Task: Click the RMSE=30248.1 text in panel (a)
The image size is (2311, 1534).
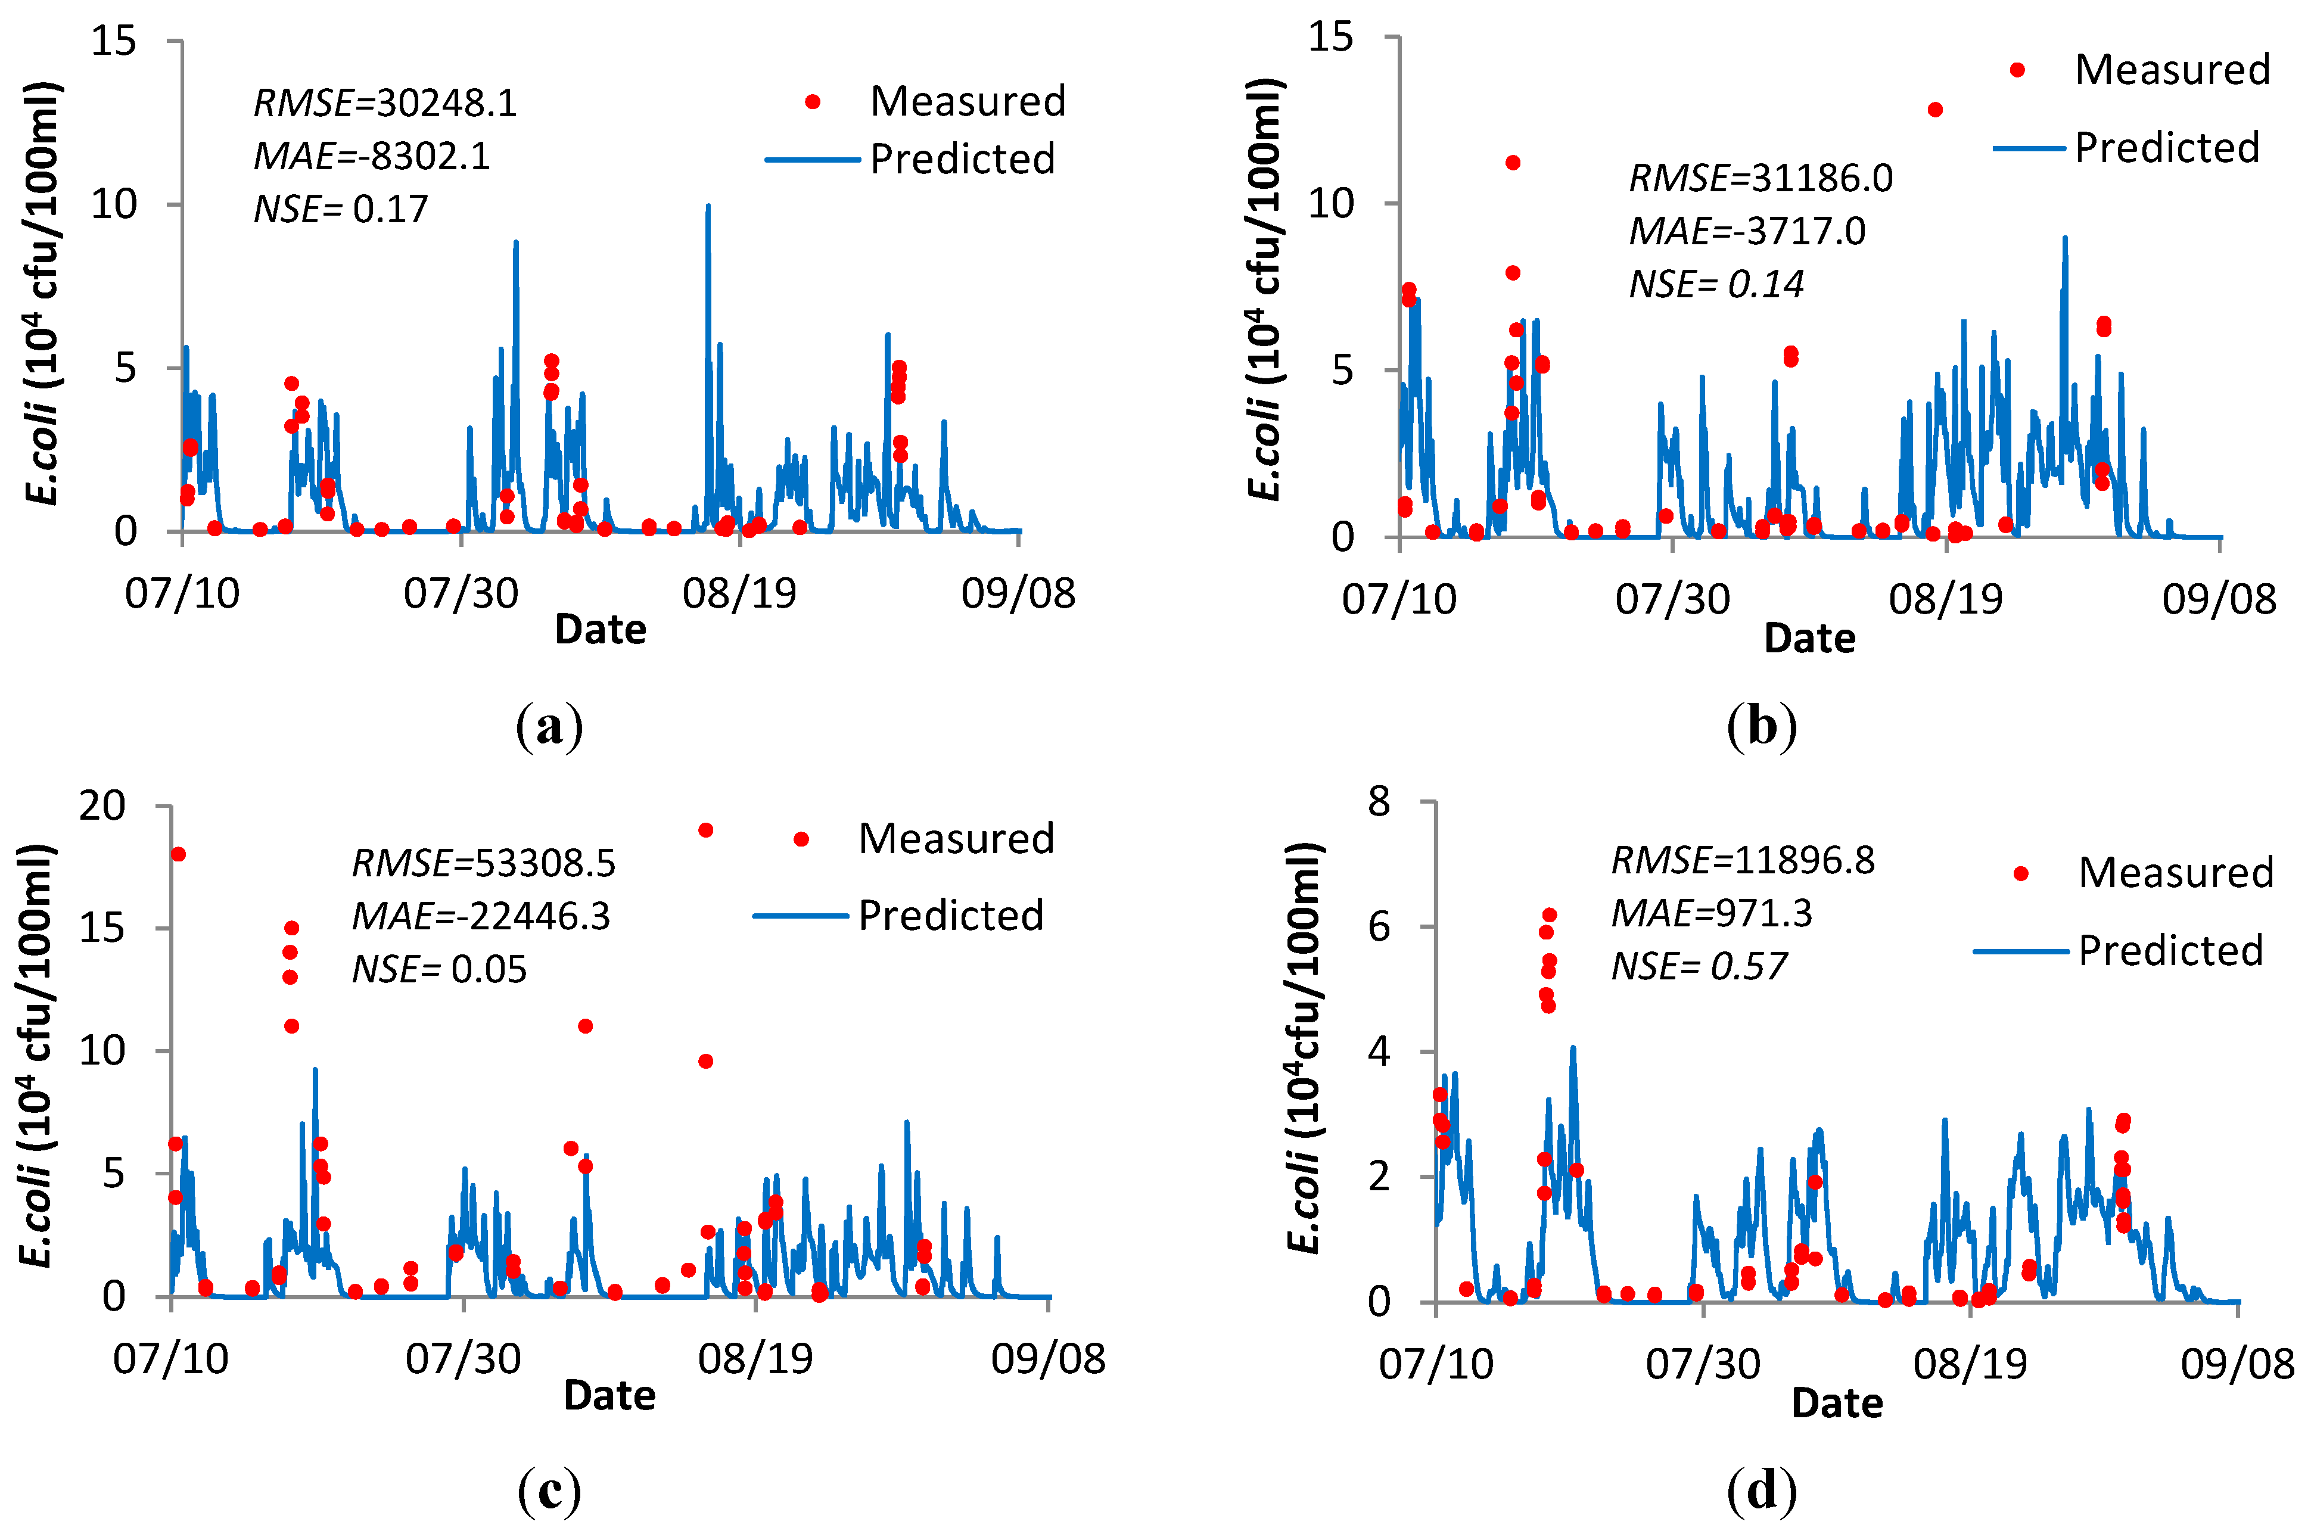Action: pos(384,102)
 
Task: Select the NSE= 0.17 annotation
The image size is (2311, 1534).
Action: pos(341,209)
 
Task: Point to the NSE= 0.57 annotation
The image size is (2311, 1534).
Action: pos(1700,967)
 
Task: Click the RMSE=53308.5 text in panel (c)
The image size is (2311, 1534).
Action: pos(483,863)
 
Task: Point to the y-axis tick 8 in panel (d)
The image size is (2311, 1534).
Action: pos(1380,802)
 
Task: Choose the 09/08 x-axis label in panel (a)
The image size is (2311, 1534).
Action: pos(1019,593)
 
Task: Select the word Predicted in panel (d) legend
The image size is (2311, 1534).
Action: pos(2170,951)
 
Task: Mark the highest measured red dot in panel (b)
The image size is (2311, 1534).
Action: pos(1934,110)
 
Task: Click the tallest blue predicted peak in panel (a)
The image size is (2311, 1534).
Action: pos(707,207)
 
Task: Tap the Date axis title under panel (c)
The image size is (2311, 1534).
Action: pos(609,1395)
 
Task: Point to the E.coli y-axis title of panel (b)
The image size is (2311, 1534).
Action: pos(1264,290)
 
